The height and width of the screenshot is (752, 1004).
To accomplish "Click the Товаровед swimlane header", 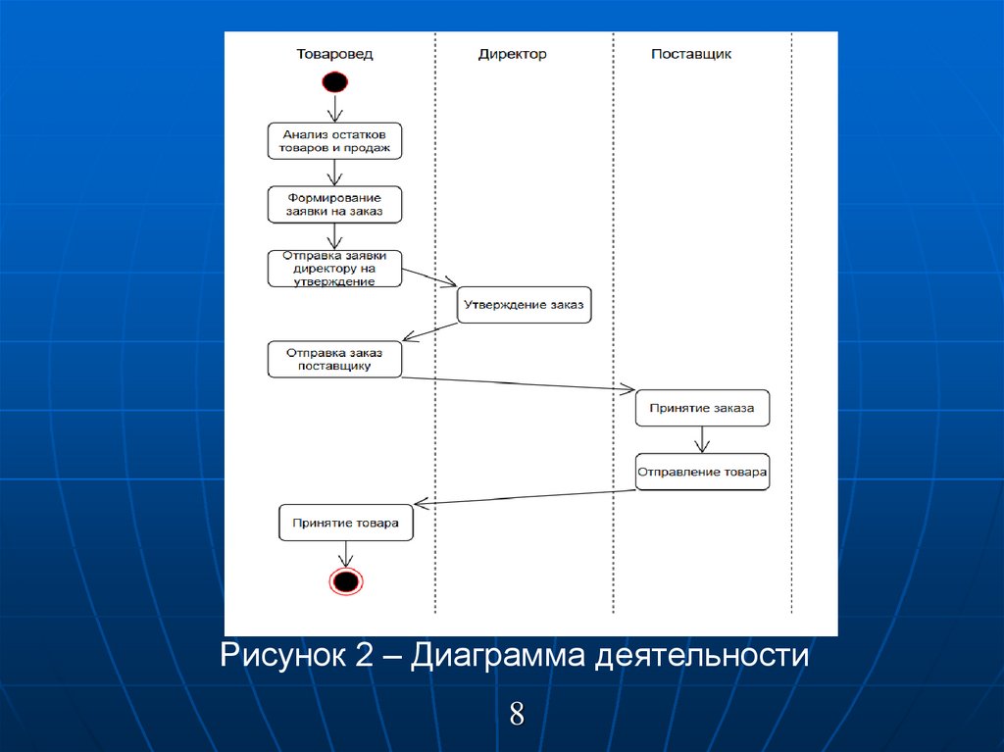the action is (334, 54).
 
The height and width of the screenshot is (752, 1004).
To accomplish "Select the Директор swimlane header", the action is (512, 54).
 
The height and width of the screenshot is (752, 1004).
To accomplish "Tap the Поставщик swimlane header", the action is (691, 54).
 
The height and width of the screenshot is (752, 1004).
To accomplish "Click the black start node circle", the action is (334, 82).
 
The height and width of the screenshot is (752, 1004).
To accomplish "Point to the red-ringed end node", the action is (345, 581).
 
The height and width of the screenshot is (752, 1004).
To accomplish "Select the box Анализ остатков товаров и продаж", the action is (335, 141).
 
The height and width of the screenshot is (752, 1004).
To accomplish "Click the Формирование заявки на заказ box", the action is (335, 204).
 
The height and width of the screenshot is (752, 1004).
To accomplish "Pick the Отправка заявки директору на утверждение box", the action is (335, 268).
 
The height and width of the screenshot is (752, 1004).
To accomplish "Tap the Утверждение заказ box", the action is (525, 305).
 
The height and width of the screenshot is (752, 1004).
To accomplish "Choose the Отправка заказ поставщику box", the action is (335, 359).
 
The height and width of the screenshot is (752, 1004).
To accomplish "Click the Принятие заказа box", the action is (702, 408).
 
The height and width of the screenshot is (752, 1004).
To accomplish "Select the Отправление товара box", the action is (702, 471).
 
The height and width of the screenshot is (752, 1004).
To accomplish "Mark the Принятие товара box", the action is (345, 523).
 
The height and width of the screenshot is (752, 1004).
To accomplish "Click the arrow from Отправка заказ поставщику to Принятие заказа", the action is (520, 384).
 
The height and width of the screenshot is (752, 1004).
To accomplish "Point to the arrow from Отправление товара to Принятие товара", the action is (525, 496).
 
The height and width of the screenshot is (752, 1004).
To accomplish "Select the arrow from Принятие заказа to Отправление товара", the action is (702, 439).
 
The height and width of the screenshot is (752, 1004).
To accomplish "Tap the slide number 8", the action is (517, 713).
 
